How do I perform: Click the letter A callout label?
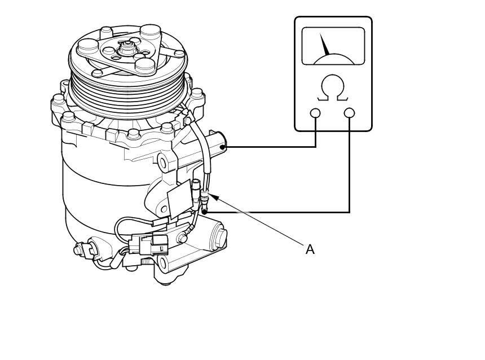tap(310, 249)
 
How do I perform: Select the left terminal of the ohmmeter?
tap(315, 113)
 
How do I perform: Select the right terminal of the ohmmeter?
tap(350, 113)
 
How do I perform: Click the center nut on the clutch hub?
tap(126, 49)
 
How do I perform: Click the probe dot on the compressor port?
tap(222, 147)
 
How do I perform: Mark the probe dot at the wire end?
tap(205, 212)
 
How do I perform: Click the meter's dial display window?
tap(333, 46)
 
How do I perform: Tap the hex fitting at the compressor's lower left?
tap(83, 249)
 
